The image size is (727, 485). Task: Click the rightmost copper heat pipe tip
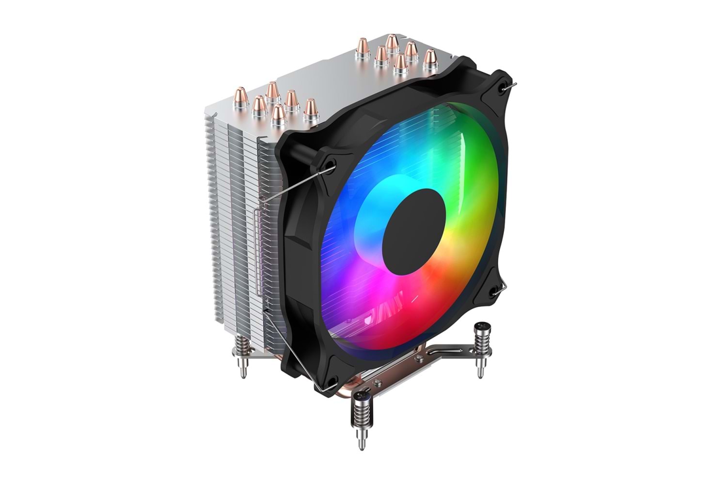point(429,58)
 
